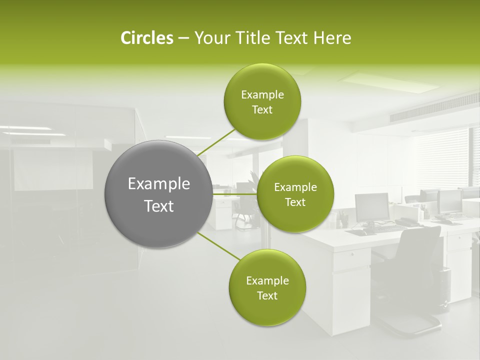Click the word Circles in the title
147,38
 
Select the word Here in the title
332,38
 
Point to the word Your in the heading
212,38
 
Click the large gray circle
158,194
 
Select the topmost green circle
262,102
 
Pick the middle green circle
295,194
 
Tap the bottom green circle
267,287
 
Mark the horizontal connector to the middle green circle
234,194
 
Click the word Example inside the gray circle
159,184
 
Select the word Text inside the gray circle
159,206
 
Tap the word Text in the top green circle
262,110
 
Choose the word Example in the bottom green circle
267,280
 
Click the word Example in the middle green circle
295,187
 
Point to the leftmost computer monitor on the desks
371,207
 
